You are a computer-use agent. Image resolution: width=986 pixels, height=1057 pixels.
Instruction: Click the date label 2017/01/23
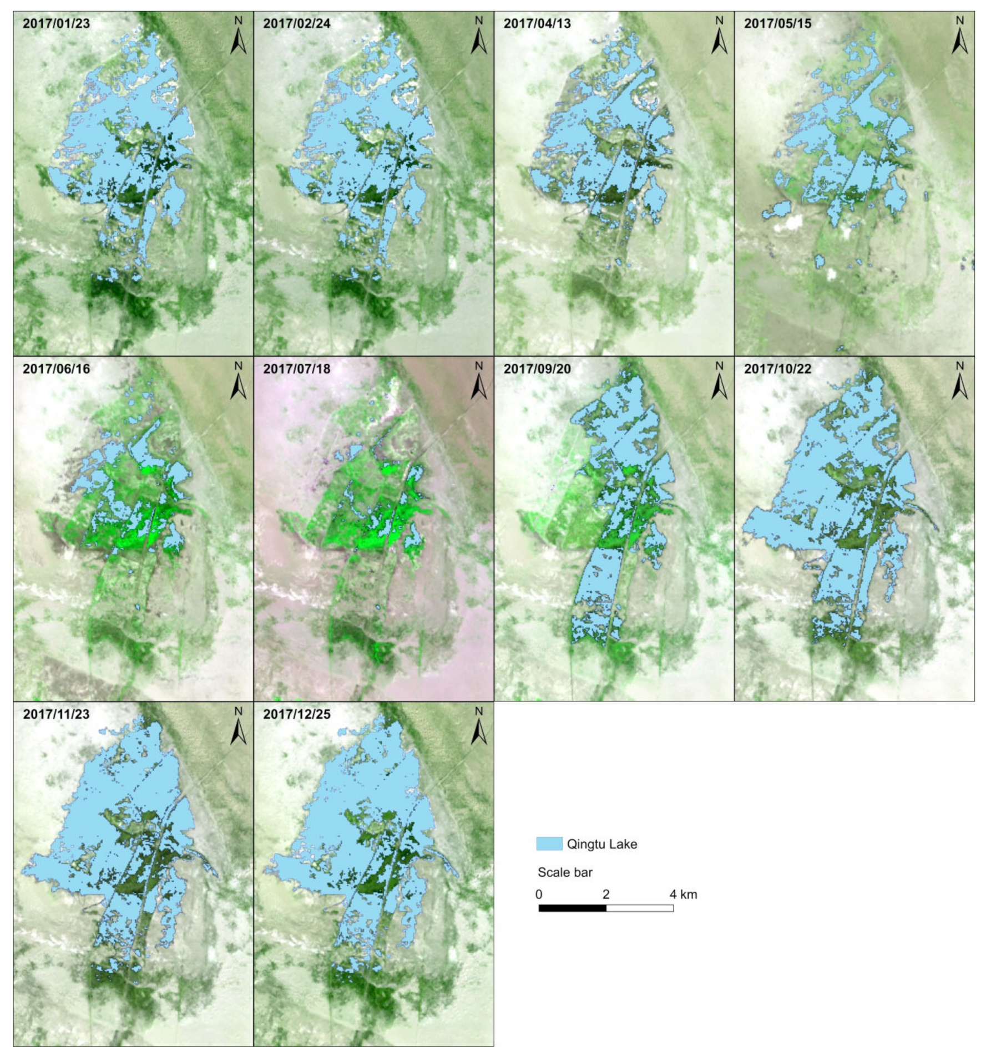[x=56, y=23]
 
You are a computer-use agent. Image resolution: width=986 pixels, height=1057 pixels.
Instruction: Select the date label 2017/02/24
[x=296, y=23]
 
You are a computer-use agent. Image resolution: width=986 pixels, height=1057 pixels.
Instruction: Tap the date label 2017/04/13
[x=537, y=23]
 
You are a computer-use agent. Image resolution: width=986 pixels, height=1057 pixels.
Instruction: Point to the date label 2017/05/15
[x=777, y=23]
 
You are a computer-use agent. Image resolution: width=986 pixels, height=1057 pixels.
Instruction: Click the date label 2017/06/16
[x=56, y=369]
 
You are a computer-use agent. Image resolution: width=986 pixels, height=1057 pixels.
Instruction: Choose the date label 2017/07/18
[x=296, y=369]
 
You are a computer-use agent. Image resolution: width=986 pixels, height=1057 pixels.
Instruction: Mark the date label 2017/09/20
[x=537, y=369]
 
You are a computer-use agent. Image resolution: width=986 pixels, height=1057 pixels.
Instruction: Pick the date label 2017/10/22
[x=777, y=369]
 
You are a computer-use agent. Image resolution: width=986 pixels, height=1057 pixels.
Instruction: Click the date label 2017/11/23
[x=56, y=714]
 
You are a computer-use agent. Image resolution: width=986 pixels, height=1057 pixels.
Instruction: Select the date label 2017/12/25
[x=296, y=714]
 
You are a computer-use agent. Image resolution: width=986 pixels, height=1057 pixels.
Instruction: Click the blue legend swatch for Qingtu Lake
[x=549, y=844]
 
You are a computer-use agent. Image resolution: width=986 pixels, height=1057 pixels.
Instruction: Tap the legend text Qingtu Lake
[x=601, y=844]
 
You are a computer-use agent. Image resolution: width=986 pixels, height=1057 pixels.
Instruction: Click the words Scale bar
[x=565, y=872]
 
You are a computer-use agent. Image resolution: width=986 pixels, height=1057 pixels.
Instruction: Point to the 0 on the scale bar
[x=539, y=895]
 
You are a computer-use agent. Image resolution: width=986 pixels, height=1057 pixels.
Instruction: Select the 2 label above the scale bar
[x=606, y=895]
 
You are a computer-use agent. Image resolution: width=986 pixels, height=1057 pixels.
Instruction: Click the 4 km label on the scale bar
[x=683, y=895]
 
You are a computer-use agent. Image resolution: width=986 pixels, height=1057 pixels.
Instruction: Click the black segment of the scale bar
[x=572, y=908]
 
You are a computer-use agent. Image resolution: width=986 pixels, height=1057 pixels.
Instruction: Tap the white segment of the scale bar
[x=640, y=908]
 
